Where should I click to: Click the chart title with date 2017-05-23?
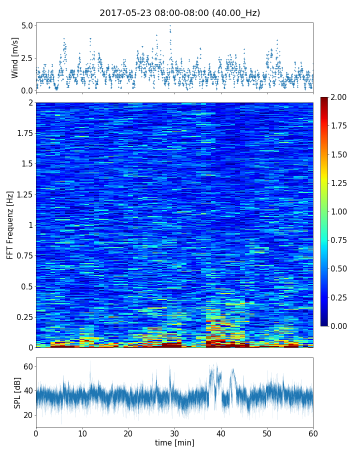tap(180, 13)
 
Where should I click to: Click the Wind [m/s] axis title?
tap(15, 58)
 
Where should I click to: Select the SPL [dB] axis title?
tap(17, 392)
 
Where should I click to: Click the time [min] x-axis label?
tap(174, 442)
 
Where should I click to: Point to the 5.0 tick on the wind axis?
tap(27, 25)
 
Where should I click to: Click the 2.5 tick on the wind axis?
tap(27, 58)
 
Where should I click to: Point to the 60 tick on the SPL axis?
tap(27, 366)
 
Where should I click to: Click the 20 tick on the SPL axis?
tap(27, 415)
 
